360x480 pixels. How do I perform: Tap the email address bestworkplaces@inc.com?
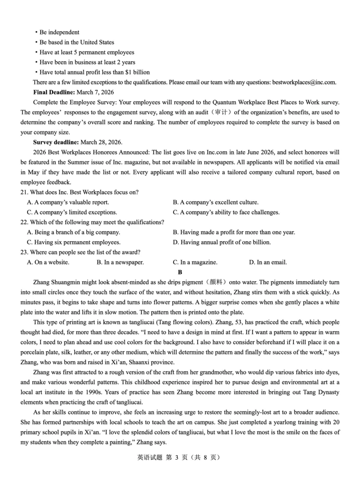point(304,82)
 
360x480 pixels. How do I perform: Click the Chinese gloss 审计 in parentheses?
point(220,112)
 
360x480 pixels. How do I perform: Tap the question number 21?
point(24,192)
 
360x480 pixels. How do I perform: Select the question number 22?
point(24,222)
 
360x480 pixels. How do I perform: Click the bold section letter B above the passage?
point(180,272)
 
